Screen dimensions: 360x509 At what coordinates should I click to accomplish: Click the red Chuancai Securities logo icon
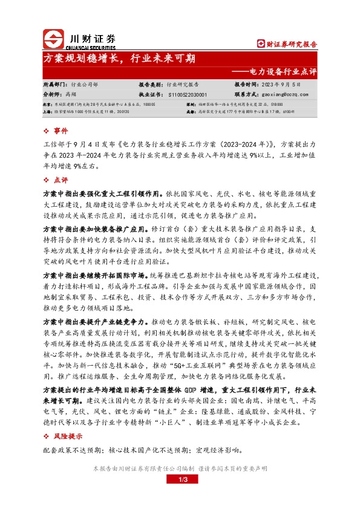pos(53,39)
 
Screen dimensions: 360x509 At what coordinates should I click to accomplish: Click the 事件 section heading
pos(61,131)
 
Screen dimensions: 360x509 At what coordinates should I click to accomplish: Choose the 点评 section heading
pos(61,180)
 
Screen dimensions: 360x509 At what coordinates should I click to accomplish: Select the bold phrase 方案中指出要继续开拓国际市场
pos(95,275)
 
